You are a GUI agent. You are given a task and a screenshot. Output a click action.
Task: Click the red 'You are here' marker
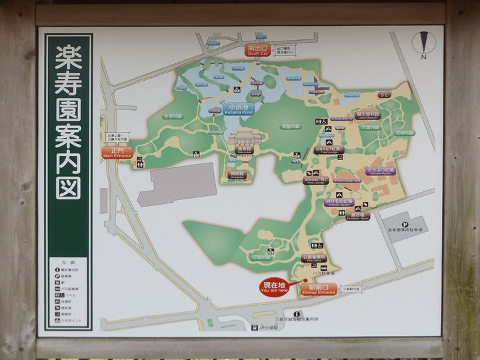[x=275, y=287]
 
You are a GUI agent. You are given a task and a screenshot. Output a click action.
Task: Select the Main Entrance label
[x=117, y=152]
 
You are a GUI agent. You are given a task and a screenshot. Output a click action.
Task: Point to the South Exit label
[x=257, y=50]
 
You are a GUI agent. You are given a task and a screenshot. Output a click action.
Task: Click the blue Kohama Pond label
[x=238, y=109]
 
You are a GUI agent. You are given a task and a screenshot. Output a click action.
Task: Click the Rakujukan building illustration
[x=241, y=141]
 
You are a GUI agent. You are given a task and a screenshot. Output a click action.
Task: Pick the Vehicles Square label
[x=338, y=201]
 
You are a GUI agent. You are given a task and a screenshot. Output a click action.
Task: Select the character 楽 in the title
[x=68, y=54]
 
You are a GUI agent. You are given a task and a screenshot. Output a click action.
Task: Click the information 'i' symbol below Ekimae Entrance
[x=297, y=313]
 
